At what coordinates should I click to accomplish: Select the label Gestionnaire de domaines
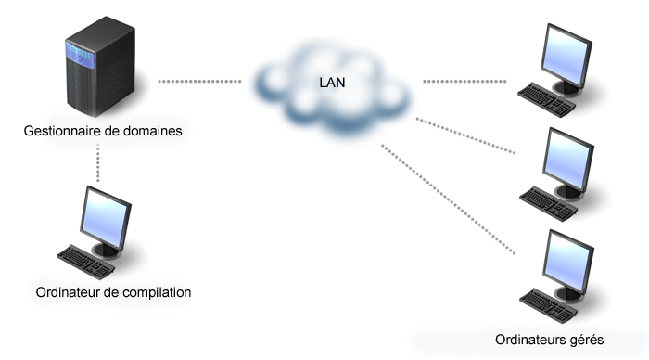point(102,131)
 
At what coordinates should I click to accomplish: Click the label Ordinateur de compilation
point(113,292)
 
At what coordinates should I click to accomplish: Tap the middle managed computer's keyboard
point(545,198)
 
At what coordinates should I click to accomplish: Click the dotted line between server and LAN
point(198,82)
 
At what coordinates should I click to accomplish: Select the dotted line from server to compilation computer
point(96,162)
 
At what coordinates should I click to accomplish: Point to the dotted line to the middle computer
point(464,135)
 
